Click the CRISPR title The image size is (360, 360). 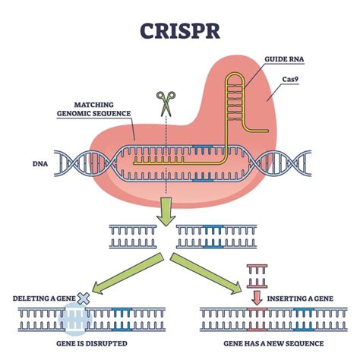pyautogui.click(x=180, y=32)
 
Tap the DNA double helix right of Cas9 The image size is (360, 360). pyautogui.click(x=286, y=162)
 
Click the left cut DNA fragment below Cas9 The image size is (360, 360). pyautogui.click(x=137, y=235)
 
